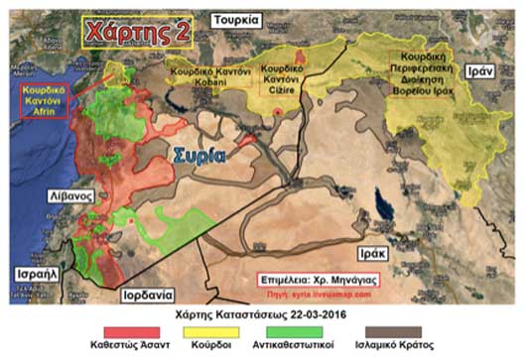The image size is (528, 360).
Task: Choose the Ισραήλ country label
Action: coord(34,272)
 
